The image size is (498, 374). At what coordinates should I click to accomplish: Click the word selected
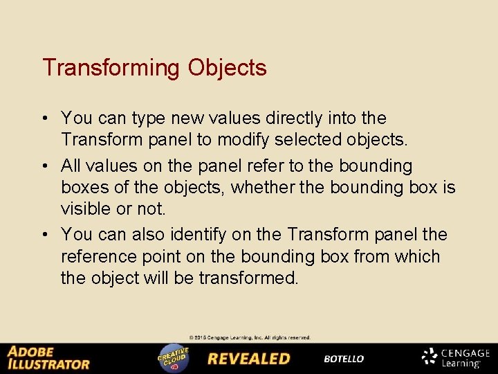314,140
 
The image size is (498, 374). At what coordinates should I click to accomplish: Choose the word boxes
86,188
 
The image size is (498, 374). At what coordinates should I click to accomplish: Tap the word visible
86,208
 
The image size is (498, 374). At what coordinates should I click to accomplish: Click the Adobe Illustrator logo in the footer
48,358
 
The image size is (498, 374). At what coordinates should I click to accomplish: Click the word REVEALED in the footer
249,359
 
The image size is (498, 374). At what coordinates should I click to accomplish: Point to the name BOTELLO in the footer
344,359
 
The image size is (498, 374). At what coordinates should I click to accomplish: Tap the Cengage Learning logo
456,357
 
